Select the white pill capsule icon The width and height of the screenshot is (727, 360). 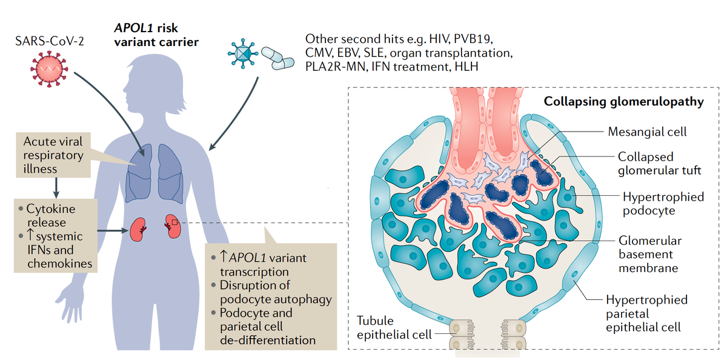[x=279, y=58]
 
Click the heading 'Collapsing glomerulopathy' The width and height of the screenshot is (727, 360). [x=623, y=101]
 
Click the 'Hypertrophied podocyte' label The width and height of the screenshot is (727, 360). [x=663, y=204]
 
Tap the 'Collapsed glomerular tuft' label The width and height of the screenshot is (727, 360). [x=659, y=164]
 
